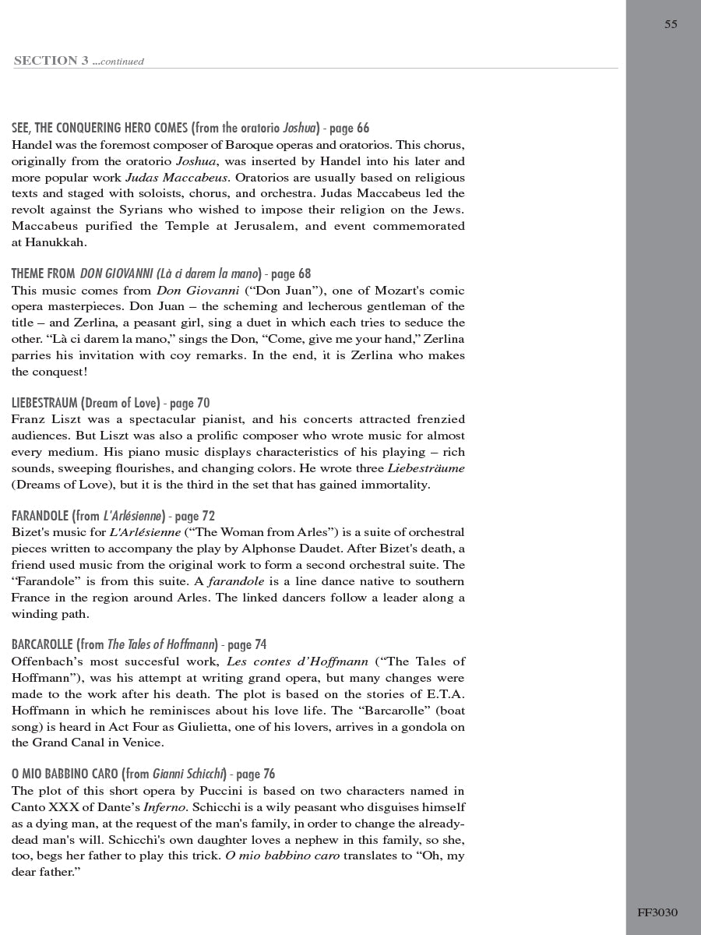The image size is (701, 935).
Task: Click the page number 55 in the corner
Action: point(671,24)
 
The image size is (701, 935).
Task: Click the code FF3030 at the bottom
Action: point(657,912)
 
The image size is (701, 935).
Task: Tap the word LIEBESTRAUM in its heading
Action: point(44,403)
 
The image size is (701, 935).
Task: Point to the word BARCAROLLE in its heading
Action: point(42,644)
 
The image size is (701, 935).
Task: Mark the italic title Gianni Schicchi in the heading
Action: point(188,774)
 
